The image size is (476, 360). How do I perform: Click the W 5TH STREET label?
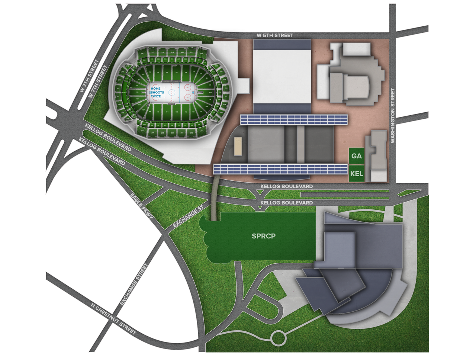pos(275,35)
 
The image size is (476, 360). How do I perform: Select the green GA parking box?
pos(356,156)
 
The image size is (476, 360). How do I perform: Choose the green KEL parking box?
pos(356,174)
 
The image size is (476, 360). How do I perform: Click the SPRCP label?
pos(263,236)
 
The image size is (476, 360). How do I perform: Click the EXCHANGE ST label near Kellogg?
pos(189,218)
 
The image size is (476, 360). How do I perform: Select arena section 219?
pos(173,53)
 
